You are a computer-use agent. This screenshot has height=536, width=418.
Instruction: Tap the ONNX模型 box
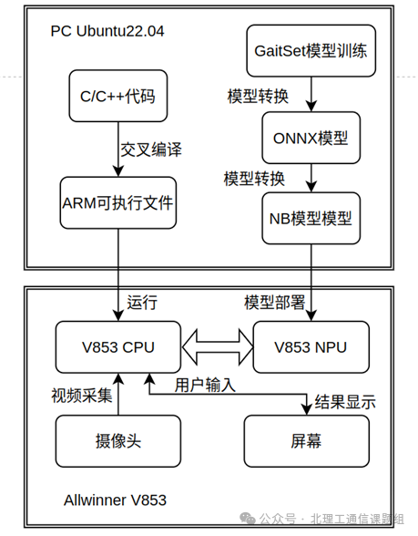point(311,138)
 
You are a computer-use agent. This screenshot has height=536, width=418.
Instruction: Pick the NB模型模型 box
point(311,220)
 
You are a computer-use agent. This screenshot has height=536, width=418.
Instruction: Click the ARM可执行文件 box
point(118,206)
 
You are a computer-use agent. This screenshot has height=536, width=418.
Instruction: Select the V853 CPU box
point(118,346)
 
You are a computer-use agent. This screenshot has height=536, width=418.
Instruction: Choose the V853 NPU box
point(311,346)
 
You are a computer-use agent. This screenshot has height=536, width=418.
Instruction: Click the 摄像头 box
point(118,441)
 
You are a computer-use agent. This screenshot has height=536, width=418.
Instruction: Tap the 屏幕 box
point(306,441)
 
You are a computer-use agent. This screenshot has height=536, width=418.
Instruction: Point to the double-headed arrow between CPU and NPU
point(216,346)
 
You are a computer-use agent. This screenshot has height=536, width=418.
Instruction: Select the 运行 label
point(143,303)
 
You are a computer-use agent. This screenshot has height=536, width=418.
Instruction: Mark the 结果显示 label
point(344,401)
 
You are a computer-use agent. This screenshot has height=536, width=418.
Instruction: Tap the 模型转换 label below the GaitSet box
point(256,95)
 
